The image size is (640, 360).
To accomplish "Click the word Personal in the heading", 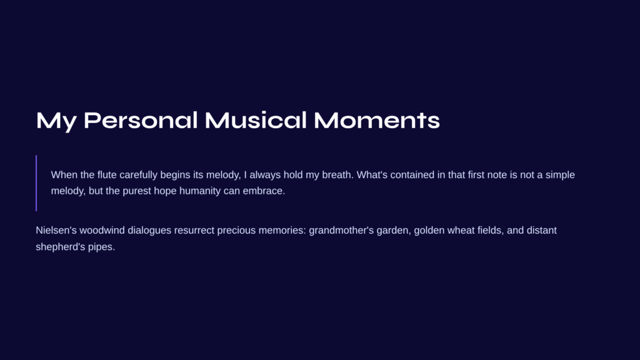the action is (141, 121).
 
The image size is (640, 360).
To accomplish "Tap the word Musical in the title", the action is (256, 121).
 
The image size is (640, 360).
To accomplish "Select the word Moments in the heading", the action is (377, 121).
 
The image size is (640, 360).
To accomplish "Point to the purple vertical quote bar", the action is (36, 183).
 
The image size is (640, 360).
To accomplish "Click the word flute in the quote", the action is (107, 175).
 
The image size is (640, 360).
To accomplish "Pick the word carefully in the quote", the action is (138, 175).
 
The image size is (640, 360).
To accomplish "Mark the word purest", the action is (137, 191).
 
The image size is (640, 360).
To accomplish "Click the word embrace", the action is (264, 191).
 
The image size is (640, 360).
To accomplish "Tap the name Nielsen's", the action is (56, 230).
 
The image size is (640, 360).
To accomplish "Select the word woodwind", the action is (102, 230).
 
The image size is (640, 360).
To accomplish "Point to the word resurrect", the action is (194, 230).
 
